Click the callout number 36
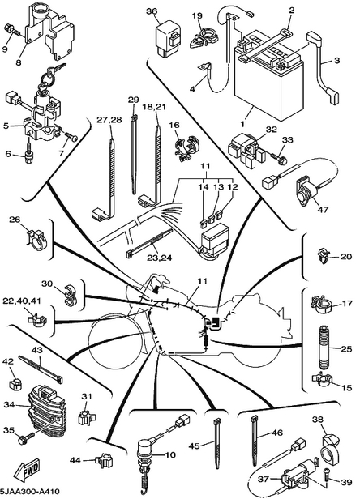tap(152, 11)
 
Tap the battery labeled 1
tap(268, 78)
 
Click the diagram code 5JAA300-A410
tap(30, 492)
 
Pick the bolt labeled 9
tap(11, 30)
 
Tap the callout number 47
tap(323, 209)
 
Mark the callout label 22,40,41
tap(22, 301)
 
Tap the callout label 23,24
tap(159, 258)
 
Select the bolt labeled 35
tap(26, 437)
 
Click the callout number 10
tap(170, 455)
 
